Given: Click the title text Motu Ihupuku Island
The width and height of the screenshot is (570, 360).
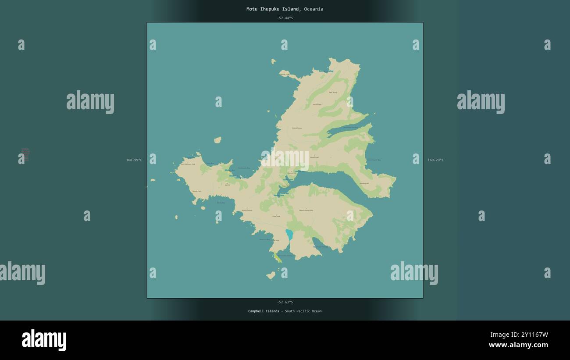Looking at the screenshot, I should point(273,9).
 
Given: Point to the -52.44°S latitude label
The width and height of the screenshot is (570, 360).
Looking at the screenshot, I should point(285,18).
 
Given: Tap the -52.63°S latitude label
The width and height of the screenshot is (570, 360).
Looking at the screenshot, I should point(285,302).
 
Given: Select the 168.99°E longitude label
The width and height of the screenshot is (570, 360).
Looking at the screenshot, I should point(134,160).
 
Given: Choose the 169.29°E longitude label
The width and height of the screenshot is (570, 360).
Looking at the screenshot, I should point(435,160).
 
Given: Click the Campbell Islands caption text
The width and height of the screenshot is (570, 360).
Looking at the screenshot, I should point(264,311).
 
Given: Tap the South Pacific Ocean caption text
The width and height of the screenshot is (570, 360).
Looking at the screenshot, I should point(303,311).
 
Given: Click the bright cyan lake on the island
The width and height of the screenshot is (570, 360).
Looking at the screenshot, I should point(289,235).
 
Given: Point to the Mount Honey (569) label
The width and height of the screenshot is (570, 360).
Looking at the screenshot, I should point(306,210).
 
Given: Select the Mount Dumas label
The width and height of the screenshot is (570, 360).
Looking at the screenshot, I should point(247,210).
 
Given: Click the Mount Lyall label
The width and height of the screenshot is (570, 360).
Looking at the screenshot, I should point(314,157).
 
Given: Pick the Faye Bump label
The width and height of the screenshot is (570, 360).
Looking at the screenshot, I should point(333,93).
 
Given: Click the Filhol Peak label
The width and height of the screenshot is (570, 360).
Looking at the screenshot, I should point(276,217).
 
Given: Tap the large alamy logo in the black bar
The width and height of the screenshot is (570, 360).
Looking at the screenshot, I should point(44,340).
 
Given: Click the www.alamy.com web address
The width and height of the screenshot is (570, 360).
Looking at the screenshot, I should point(518,345).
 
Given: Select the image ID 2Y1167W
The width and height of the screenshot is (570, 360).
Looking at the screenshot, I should point(519,335).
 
